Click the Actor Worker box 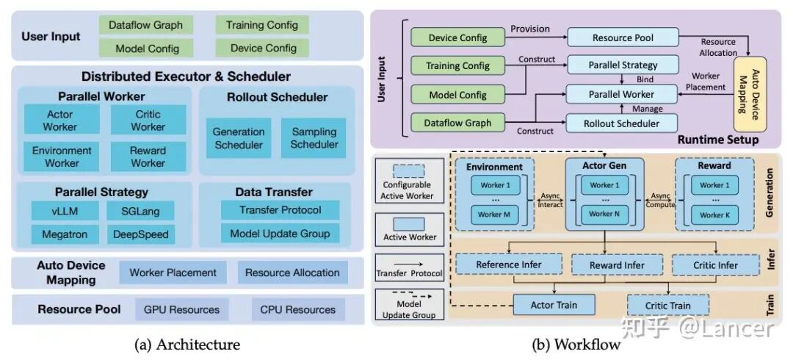[x=60, y=120]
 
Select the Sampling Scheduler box [x=314, y=138]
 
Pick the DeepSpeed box [x=140, y=235]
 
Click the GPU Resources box [x=181, y=309]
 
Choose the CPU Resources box [x=297, y=309]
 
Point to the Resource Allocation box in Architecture [x=292, y=273]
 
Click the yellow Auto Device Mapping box [x=750, y=93]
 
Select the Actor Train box [x=554, y=305]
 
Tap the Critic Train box [x=668, y=305]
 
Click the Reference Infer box [x=509, y=264]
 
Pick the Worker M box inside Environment [x=493, y=215]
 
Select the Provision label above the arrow [x=529, y=29]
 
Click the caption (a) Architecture [x=188, y=344]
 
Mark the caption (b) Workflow [x=576, y=344]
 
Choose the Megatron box [x=60, y=235]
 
